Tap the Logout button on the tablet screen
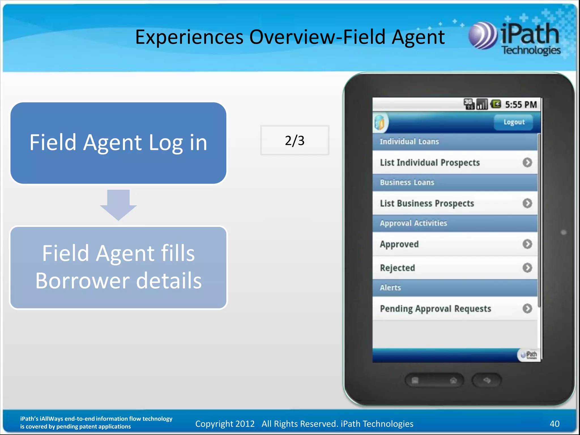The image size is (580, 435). tap(514, 122)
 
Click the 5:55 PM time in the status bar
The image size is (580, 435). tap(521, 105)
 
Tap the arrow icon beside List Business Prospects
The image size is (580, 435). tap(527, 203)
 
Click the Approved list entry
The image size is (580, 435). tap(399, 244)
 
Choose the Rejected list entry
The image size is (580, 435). tap(398, 268)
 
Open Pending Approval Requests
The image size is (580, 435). tap(435, 309)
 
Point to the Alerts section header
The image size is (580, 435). tap(390, 288)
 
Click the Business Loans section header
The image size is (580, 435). tap(407, 182)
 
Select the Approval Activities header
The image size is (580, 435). tap(413, 223)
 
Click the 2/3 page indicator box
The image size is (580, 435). tap(295, 140)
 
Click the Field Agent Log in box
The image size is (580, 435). tap(118, 143)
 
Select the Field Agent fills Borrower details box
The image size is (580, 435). tap(118, 267)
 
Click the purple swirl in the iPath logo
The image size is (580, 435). tap(482, 36)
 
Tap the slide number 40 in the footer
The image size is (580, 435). tap(554, 424)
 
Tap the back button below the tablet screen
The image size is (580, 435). tap(487, 380)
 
